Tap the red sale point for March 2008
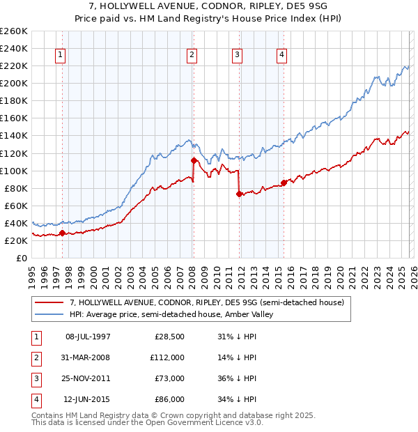coord(194,160)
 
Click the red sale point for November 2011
coord(239,194)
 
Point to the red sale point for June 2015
coord(284,183)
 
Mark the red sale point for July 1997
coord(62,233)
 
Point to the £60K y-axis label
coord(16,206)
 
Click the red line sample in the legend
coord(49,303)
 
